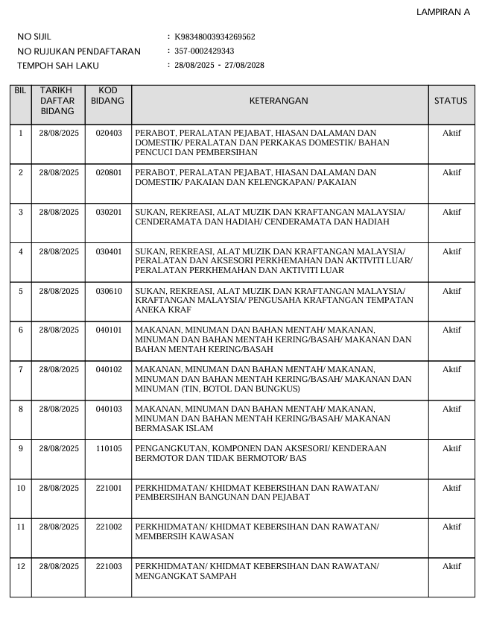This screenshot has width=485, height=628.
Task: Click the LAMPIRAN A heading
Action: click(x=443, y=12)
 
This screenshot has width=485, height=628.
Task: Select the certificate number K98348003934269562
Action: click(x=215, y=37)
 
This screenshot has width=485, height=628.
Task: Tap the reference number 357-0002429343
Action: click(x=204, y=51)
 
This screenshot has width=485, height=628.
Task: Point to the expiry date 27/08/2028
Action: click(x=241, y=65)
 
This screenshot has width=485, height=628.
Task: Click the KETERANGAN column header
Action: click(x=279, y=101)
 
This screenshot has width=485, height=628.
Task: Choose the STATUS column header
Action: click(x=451, y=101)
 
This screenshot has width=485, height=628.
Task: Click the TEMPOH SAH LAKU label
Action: click(x=53, y=65)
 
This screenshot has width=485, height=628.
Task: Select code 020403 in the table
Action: click(x=109, y=133)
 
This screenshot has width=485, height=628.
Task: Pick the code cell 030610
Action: click(x=109, y=291)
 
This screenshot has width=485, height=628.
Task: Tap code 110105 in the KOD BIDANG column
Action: click(x=109, y=448)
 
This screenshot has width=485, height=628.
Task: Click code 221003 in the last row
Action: click(x=109, y=567)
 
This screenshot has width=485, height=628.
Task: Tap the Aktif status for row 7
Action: click(x=451, y=370)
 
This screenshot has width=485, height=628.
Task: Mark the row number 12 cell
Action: click(x=21, y=567)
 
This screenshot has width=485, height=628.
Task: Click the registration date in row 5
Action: click(x=59, y=291)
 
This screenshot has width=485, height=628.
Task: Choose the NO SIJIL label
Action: click(x=34, y=37)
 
